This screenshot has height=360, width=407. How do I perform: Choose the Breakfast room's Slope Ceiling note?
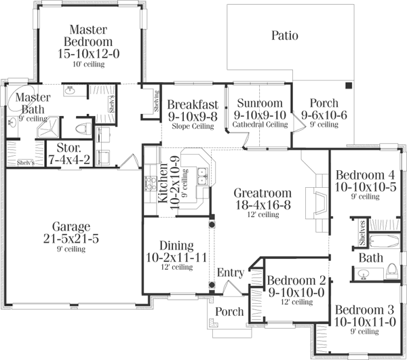[x=193, y=125]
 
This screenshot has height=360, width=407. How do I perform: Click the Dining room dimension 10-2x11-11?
[x=176, y=257]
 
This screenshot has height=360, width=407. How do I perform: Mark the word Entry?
[x=230, y=273]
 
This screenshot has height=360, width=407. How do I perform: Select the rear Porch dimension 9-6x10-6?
[x=323, y=115]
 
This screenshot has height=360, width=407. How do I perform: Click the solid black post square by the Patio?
[x=349, y=86]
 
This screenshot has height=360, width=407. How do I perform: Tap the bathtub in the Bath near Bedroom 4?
[x=383, y=239]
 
